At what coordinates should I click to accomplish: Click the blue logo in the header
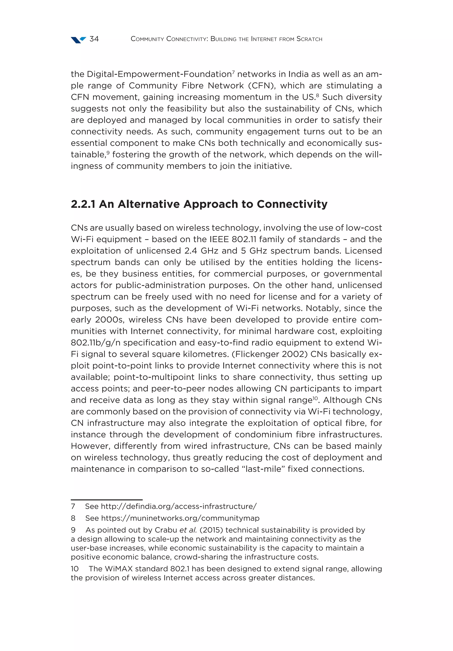pyautogui.click(x=78, y=40)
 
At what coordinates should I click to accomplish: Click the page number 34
pyautogui.click(x=94, y=39)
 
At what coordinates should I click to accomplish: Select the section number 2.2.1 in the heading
pyautogui.click(x=83, y=204)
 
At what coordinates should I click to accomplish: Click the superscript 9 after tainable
pyautogui.click(x=108, y=152)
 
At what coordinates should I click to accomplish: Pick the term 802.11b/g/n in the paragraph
pyautogui.click(x=95, y=343)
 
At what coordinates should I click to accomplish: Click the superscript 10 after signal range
pyautogui.click(x=315, y=398)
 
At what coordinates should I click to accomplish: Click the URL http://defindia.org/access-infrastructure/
pyautogui.click(x=179, y=506)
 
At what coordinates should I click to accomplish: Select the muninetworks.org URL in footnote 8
pyautogui.click(x=180, y=518)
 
